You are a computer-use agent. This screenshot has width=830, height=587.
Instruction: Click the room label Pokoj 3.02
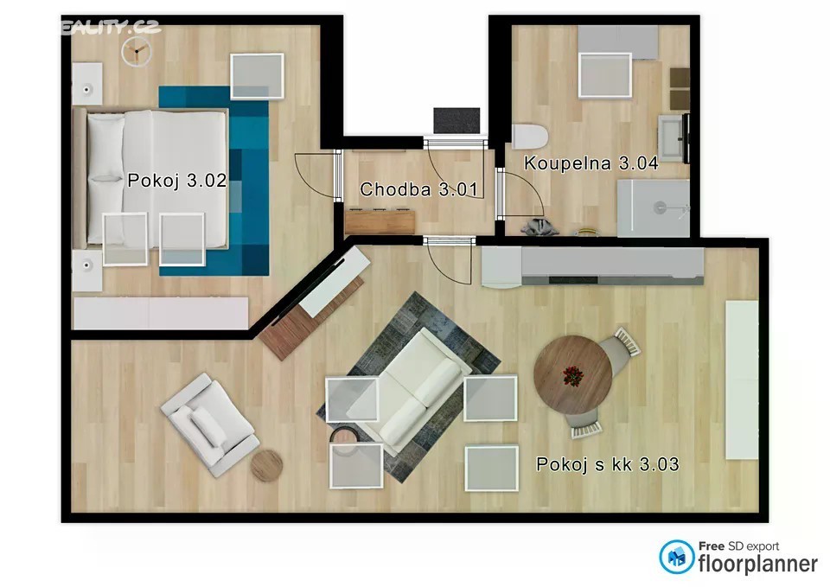177,181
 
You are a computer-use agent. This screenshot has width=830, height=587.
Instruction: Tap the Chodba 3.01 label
418,189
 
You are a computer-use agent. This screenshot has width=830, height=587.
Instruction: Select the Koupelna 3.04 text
591,163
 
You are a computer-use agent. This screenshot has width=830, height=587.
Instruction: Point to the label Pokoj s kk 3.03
607,464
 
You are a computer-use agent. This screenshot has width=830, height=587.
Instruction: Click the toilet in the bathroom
530,137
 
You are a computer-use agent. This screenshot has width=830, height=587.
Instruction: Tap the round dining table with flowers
572,374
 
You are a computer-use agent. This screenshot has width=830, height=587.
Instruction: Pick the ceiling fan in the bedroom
137,52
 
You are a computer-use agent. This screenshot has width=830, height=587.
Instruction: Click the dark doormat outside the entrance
456,121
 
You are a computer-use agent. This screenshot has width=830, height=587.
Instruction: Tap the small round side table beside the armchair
266,465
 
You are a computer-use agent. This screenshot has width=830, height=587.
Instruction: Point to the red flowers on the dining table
572,376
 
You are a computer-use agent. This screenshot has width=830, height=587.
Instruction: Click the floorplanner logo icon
676,557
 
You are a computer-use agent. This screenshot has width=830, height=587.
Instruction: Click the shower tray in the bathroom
654,208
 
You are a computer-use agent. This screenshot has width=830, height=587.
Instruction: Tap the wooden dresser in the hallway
380,221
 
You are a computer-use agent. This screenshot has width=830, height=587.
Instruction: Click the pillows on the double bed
105,178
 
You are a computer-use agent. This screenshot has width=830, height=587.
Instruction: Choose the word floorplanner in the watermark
758,565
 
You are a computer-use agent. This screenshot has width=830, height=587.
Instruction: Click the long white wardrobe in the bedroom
161,313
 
